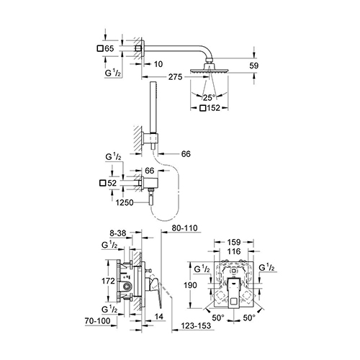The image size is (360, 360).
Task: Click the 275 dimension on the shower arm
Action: pyautogui.click(x=175, y=77)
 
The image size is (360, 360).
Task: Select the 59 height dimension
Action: pyautogui.click(x=253, y=66)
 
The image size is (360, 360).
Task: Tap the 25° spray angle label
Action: pyautogui.click(x=209, y=98)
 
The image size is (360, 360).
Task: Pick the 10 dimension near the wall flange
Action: pyautogui.click(x=158, y=64)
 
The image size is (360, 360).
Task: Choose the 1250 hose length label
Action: pyautogui.click(x=125, y=203)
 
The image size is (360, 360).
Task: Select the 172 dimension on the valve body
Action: pyautogui.click(x=108, y=281)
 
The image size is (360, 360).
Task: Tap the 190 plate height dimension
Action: pyautogui.click(x=190, y=285)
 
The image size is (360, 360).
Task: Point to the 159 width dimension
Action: pyautogui.click(x=234, y=242)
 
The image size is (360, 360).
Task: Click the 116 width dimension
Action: pyautogui.click(x=234, y=251)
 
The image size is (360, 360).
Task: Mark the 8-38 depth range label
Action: pyautogui.click(x=118, y=233)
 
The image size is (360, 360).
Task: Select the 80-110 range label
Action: pyautogui.click(x=185, y=228)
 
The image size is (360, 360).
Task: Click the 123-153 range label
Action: pyautogui.click(x=196, y=325)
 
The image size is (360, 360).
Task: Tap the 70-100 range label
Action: pyautogui.click(x=98, y=321)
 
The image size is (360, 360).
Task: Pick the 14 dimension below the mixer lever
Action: pyautogui.click(x=159, y=317)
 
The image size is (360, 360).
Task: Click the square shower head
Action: pyautogui.click(x=210, y=70)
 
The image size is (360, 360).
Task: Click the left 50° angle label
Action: pyautogui.click(x=218, y=318)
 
